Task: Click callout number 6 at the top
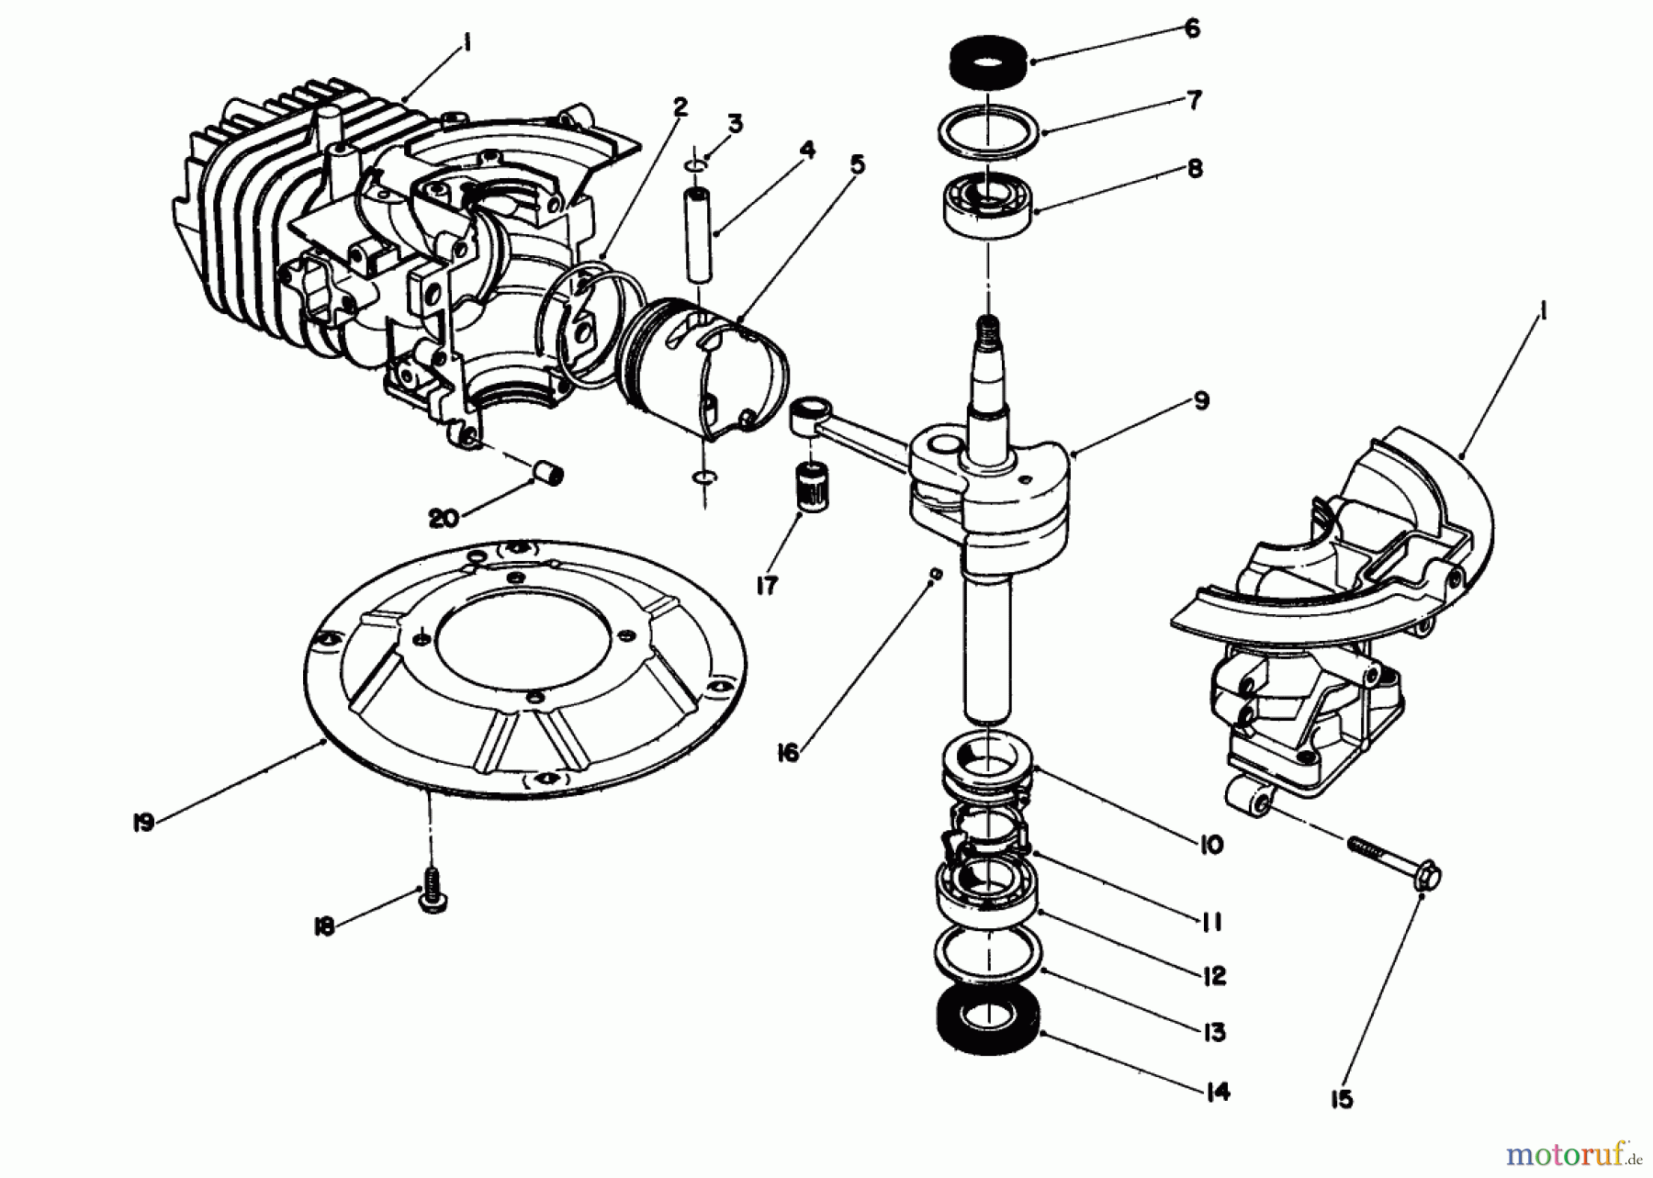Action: (x=1191, y=29)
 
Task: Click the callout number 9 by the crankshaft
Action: (x=1201, y=401)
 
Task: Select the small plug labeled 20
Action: (x=550, y=477)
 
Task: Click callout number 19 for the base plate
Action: (x=142, y=823)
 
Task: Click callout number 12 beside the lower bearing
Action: (x=1214, y=976)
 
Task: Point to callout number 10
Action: (x=1210, y=844)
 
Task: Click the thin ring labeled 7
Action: (x=988, y=135)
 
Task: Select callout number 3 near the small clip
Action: (x=736, y=124)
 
